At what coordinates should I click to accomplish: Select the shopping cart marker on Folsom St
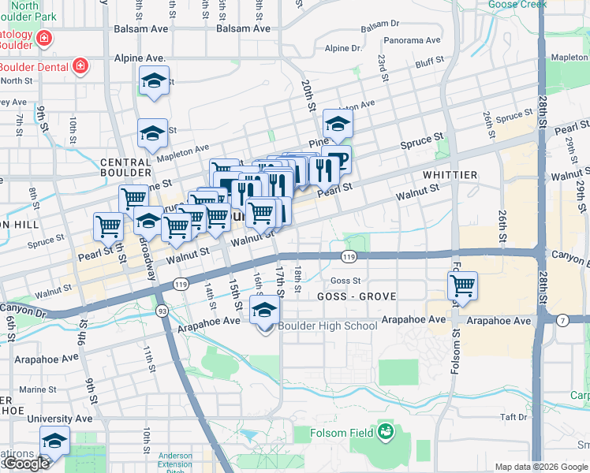click(x=462, y=285)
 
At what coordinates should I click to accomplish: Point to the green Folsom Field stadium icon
click(x=386, y=430)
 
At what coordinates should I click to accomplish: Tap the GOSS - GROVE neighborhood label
click(x=356, y=296)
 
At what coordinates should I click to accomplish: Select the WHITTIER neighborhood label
click(x=450, y=174)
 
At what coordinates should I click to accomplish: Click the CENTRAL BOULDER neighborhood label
click(x=126, y=167)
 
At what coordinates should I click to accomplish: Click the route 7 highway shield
click(x=562, y=319)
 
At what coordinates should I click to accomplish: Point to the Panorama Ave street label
click(x=411, y=40)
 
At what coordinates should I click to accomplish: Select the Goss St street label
click(x=345, y=280)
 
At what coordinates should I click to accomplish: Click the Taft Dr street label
click(x=513, y=417)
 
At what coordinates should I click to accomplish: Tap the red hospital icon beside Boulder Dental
click(x=80, y=65)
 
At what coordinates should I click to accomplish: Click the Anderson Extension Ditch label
click(x=174, y=460)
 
